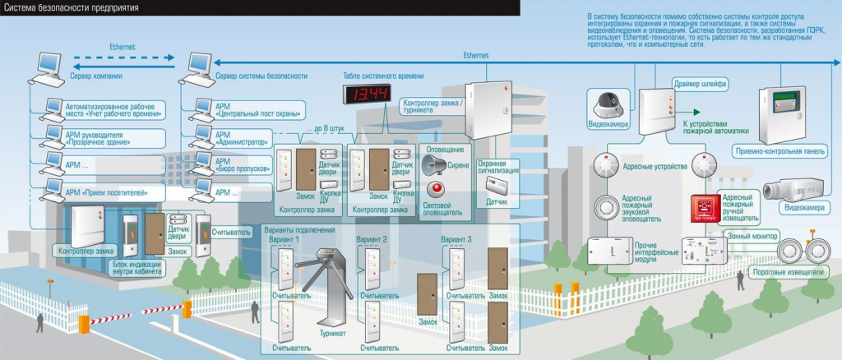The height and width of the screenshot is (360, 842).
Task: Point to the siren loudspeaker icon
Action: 437,164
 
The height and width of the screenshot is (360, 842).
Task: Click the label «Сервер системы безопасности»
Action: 261,76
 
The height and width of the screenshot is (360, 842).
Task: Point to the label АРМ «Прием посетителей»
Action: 103,193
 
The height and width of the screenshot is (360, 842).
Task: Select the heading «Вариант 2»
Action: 372,239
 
